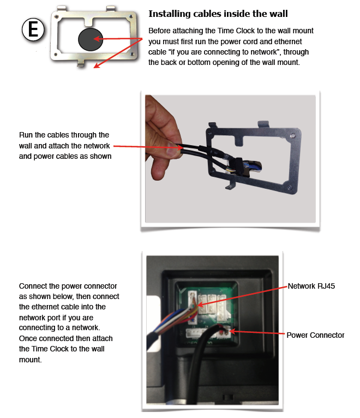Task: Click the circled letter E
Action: point(33,29)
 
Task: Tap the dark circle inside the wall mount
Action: point(91,39)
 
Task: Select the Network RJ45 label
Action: point(311,286)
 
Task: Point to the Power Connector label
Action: point(315,335)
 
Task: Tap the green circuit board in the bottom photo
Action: point(207,312)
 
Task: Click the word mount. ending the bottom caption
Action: point(31,360)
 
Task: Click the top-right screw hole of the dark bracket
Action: point(292,135)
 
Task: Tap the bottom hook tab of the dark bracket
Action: point(231,186)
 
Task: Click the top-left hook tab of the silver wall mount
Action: point(62,8)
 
